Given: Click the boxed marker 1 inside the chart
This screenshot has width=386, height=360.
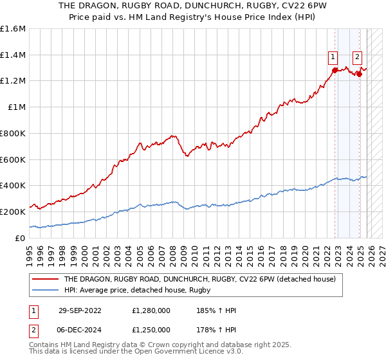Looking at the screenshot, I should point(333,57).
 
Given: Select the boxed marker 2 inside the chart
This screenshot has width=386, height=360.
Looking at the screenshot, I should point(357,57).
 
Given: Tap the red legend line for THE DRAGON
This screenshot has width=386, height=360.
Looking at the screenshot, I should point(46,280).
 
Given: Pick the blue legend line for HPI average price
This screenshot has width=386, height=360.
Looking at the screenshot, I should point(46,291).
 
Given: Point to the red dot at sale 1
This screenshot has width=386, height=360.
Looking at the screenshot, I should point(335,69).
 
